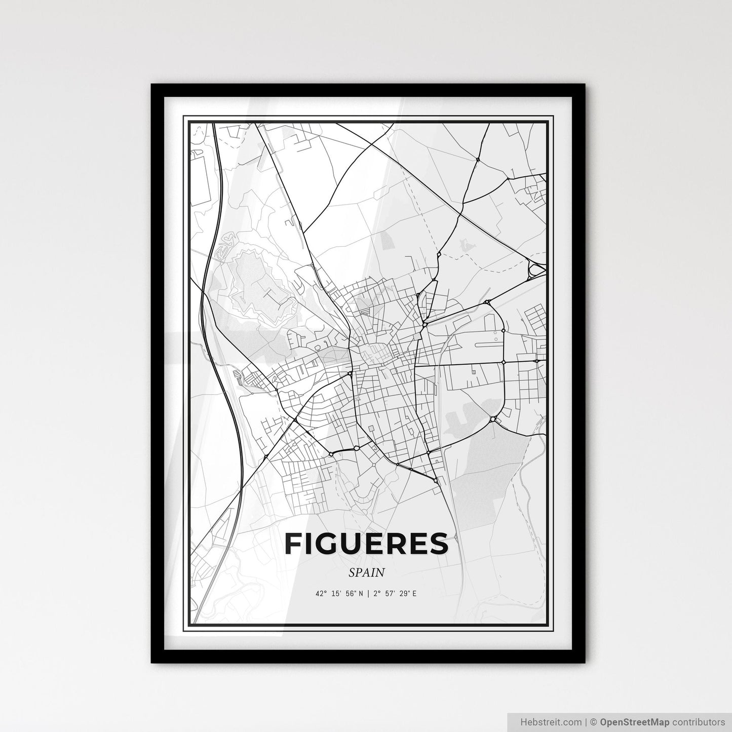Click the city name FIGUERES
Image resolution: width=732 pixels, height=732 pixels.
pyautogui.click(x=366, y=544)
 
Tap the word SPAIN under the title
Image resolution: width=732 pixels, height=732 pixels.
pyautogui.click(x=366, y=572)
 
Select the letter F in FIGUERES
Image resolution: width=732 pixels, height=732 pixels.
pyautogui.click(x=294, y=544)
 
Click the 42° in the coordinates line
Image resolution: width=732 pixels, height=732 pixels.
pyautogui.click(x=321, y=594)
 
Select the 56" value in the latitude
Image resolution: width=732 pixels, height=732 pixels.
pyautogui.click(x=349, y=594)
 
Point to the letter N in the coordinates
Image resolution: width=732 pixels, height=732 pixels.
pyautogui.click(x=360, y=594)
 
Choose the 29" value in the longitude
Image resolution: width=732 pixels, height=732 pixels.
pyautogui.click(x=405, y=594)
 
